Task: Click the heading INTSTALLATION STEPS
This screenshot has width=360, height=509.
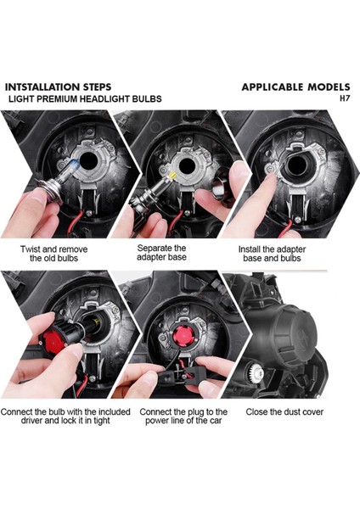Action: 58,87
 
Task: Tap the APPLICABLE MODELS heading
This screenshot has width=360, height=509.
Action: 295,87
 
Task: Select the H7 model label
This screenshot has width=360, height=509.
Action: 345,98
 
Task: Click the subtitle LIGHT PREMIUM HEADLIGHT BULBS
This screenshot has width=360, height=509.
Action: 85,98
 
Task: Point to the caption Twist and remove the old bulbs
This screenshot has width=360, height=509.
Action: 54,254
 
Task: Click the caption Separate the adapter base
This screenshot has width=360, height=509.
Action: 161,253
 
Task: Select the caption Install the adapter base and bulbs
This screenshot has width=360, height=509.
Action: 272,254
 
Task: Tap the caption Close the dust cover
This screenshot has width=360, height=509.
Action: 284,412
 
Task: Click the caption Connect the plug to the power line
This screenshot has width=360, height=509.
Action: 183,417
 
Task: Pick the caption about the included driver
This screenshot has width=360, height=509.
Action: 65,417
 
